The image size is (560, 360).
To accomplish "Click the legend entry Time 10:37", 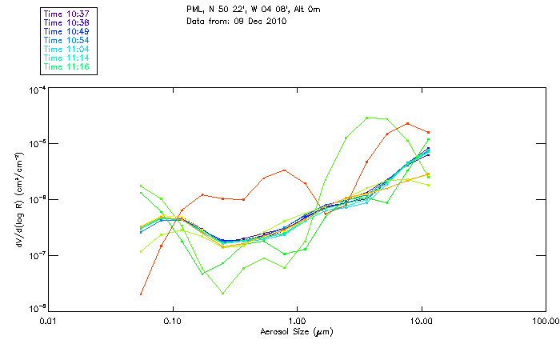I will (x=68, y=14).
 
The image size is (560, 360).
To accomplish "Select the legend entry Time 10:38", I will (x=68, y=22).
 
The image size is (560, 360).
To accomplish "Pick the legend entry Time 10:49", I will (x=68, y=31).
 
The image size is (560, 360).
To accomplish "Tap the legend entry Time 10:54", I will (x=68, y=40).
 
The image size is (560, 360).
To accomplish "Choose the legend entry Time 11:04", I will (x=68, y=49).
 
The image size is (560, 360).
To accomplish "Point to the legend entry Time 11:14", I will (x=68, y=58).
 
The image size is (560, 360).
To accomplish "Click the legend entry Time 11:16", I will (x=68, y=66).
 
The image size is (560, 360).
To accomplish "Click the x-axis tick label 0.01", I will (x=48, y=322).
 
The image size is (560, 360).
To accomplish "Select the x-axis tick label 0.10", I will (x=172, y=322).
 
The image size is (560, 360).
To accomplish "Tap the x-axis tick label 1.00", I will (x=297, y=322).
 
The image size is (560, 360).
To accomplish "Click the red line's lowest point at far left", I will (x=141, y=294).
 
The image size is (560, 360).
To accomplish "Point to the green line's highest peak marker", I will (x=367, y=118).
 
